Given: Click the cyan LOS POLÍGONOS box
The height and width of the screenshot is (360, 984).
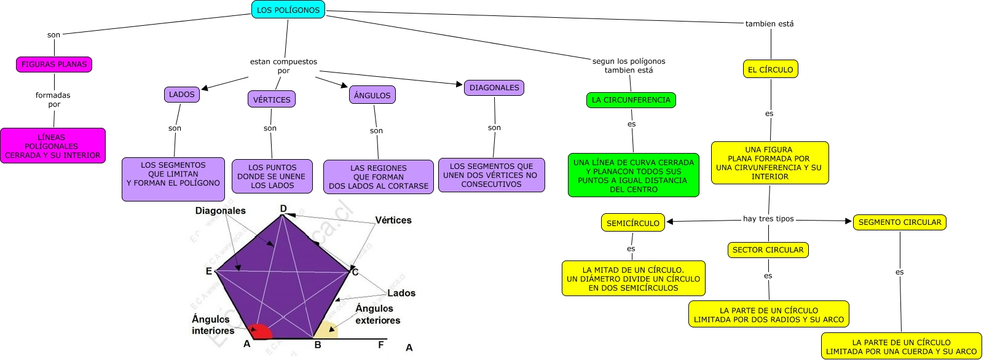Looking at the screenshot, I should tap(288, 10).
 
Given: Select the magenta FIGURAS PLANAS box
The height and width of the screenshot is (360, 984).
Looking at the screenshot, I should tap(54, 64).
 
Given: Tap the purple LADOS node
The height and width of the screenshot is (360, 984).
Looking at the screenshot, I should tap(182, 95).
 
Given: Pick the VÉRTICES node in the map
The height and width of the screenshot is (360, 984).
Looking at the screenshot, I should tap(272, 100).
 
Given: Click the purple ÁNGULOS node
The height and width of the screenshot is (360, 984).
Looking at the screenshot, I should tap(372, 95).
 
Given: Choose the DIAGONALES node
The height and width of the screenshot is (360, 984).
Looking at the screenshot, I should tap(494, 88).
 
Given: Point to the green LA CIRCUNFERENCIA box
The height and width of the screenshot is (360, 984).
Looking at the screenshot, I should tap(631, 100).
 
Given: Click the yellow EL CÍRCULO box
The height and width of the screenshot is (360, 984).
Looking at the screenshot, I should tap(771, 69).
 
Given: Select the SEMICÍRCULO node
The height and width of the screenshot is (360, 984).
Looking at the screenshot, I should tap(633, 223).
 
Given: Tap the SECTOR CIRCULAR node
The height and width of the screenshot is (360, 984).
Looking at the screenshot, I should tap(768, 250).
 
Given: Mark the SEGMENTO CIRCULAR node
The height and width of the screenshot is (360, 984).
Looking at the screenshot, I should tap(900, 222).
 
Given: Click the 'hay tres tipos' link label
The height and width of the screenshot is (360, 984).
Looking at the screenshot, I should tap(768, 219).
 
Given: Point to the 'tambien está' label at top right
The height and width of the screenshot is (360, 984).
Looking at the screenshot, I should tap(769, 24).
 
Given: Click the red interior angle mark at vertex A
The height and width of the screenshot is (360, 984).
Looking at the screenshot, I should tap(262, 332).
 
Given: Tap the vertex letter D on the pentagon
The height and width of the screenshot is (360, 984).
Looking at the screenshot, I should tap(283, 209).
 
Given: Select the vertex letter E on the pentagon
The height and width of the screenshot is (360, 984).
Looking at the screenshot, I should tap(209, 271).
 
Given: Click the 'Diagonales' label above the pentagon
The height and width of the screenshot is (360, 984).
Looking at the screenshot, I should tap(221, 211).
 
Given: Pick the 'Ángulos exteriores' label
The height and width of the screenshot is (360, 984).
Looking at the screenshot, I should tap(377, 315).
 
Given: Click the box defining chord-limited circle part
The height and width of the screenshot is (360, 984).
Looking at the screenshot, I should tap(901, 346).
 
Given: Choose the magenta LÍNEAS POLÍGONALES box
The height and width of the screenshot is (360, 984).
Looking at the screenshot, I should tap(53, 146).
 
